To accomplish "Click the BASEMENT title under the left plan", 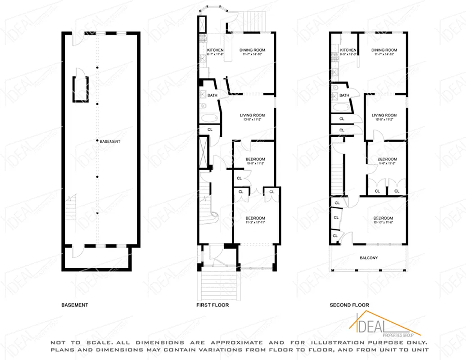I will (x=75, y=305).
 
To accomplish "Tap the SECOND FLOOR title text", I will (x=349, y=305).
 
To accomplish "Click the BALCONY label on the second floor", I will (x=369, y=258).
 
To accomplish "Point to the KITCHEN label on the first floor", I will (x=215, y=50).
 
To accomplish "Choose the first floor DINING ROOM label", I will (x=252, y=50).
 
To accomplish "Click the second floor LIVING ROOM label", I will (x=384, y=115).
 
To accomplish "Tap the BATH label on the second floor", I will (x=344, y=95).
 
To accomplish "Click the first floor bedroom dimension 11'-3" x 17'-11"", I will (x=255, y=222).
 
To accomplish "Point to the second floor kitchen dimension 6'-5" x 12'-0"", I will (x=348, y=54).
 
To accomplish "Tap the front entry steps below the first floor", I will (x=218, y=283).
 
